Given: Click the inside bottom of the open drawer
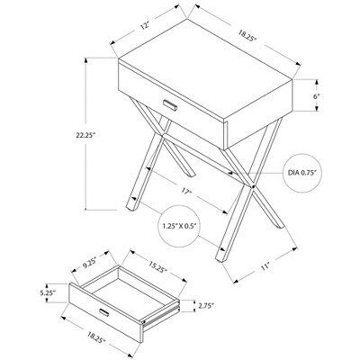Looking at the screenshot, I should [135, 287].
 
